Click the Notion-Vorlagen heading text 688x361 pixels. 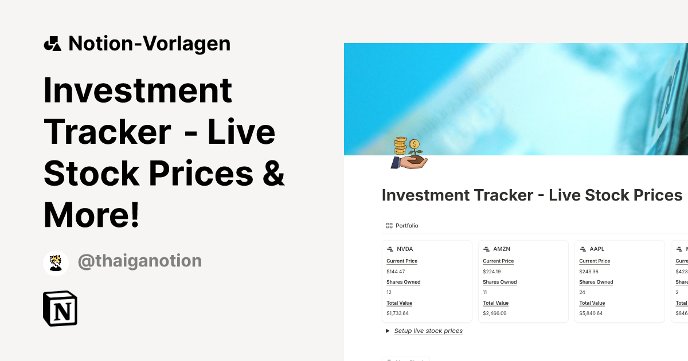pyautogui.click(x=149, y=44)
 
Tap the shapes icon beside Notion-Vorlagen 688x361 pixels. pyautogui.click(x=52, y=44)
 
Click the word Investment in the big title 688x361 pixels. pyautogui.click(x=138, y=90)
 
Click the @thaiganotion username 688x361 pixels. pyautogui.click(x=139, y=261)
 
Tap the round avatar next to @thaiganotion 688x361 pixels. pyautogui.click(x=56, y=262)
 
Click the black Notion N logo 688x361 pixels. pyautogui.click(x=60, y=309)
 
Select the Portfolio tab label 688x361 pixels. pyautogui.click(x=406, y=226)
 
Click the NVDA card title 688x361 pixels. pyautogui.click(x=405, y=249)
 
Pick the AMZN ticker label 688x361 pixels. pyautogui.click(x=501, y=249)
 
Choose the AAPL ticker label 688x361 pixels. pyautogui.click(x=597, y=249)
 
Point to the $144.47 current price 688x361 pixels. pyautogui.click(x=396, y=272)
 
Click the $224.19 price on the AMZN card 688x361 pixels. pyautogui.click(x=491, y=272)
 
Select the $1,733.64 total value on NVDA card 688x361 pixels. pyautogui.click(x=397, y=313)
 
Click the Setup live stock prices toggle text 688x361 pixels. pyautogui.click(x=428, y=331)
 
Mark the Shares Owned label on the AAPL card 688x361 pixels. pyautogui.click(x=596, y=282)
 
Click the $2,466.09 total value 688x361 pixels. pyautogui.click(x=495, y=313)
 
